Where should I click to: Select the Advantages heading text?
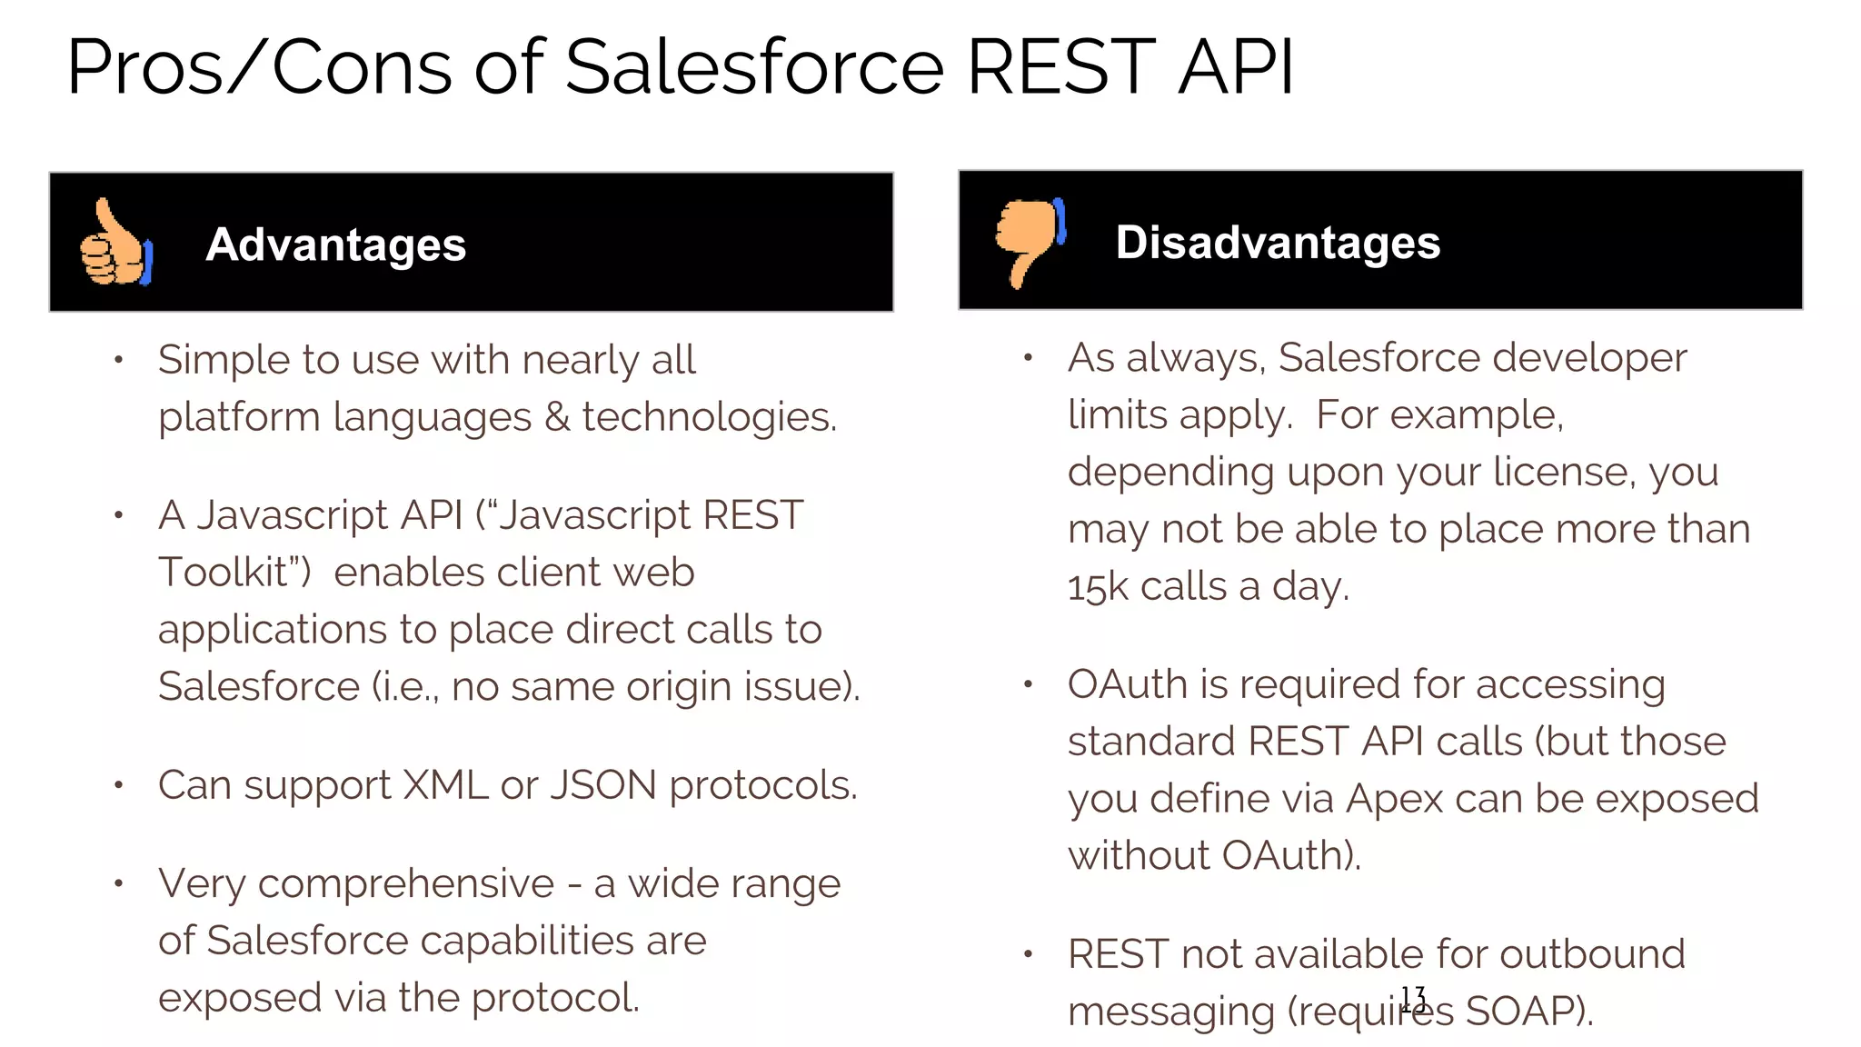click(x=335, y=244)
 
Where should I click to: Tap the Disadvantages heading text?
click(x=1278, y=243)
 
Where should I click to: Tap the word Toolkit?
click(x=234, y=573)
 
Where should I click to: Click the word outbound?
click(x=1592, y=954)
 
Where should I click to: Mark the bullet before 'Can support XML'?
click(x=118, y=785)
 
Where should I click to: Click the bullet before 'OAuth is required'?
click(x=1028, y=684)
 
